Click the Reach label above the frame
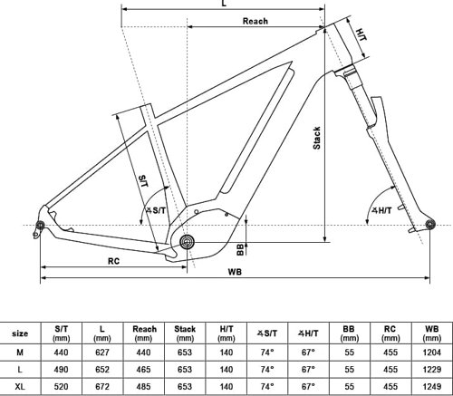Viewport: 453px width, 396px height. tap(255, 21)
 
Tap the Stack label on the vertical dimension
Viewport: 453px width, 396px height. tap(317, 138)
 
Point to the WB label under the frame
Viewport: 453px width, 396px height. tap(235, 272)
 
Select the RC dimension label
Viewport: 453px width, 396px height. tap(113, 261)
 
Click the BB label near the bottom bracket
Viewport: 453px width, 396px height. tap(240, 250)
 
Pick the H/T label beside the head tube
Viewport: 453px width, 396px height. tap(361, 34)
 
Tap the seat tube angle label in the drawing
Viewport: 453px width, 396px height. tap(156, 210)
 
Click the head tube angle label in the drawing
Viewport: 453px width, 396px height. tap(381, 210)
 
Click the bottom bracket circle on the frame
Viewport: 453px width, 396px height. tap(188, 242)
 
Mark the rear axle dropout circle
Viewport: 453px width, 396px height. tap(40, 225)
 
